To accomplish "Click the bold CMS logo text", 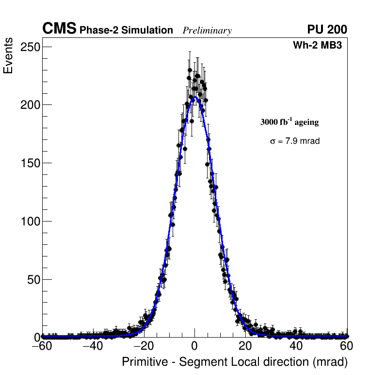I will coord(59,29).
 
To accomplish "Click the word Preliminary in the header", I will coord(207,31).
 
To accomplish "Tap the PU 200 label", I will coord(327,30).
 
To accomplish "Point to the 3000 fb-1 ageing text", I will coord(289,122).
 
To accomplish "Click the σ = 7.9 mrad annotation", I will coord(295,141).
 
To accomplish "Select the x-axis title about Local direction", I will coord(235,362).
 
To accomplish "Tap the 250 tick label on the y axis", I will coord(30,47).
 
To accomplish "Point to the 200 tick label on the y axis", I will coord(30,105).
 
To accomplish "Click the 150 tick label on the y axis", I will coord(30,163).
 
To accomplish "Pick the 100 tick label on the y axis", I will coord(30,222).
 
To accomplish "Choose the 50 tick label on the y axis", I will coord(32,280).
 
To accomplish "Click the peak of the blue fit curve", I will coord(194,97).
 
